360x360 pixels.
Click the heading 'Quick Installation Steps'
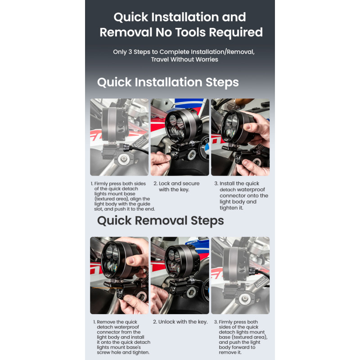point(168,82)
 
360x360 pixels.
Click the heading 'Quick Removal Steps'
point(161,220)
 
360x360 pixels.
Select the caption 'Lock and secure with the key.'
point(176,186)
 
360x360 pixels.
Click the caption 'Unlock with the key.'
point(180,322)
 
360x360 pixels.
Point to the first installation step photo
point(119,137)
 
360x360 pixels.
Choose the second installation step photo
point(180,137)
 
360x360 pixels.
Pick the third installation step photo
point(240,137)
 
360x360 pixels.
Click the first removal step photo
point(119,275)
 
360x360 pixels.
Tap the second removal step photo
point(180,275)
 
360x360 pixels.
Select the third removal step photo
point(240,275)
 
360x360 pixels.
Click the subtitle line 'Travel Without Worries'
point(184,59)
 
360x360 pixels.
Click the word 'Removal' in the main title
point(126,32)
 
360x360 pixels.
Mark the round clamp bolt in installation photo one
point(123,158)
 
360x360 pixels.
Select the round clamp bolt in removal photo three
point(245,299)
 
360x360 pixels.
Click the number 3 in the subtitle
point(130,52)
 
